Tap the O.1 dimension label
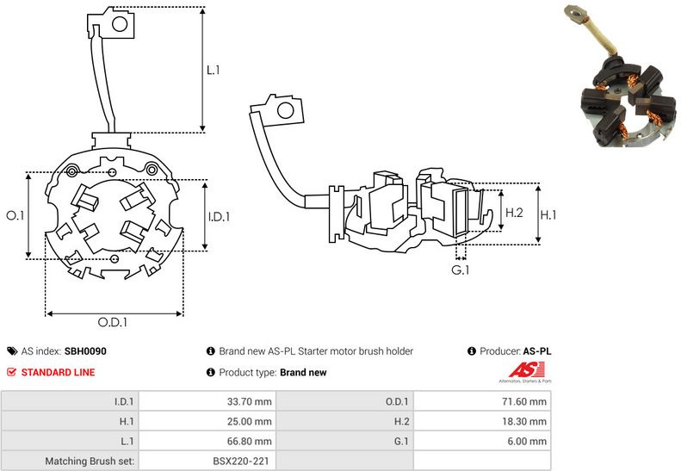[15, 215]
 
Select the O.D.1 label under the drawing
[113, 323]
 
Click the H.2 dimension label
[514, 212]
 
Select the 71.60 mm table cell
[525, 401]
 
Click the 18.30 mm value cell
[525, 421]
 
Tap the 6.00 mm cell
[528, 442]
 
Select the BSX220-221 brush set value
[241, 462]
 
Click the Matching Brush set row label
[90, 462]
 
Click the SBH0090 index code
[85, 351]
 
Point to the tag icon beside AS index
[12, 351]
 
